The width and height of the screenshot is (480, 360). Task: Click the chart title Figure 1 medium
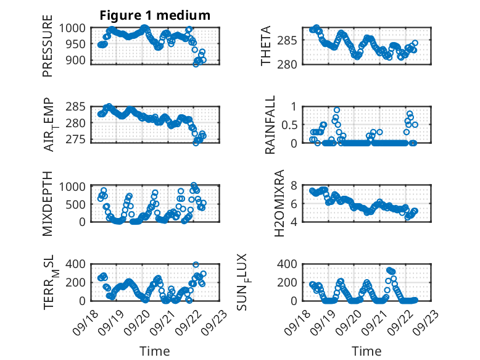(x=155, y=15)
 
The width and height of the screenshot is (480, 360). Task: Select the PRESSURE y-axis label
(x=48, y=51)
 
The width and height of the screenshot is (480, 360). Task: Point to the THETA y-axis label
(x=266, y=46)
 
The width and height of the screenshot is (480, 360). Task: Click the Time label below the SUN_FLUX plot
(x=366, y=351)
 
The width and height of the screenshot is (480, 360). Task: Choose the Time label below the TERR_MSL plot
(x=154, y=351)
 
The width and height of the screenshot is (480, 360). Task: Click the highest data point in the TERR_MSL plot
(x=196, y=265)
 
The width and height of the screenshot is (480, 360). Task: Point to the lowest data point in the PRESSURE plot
(x=196, y=64)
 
